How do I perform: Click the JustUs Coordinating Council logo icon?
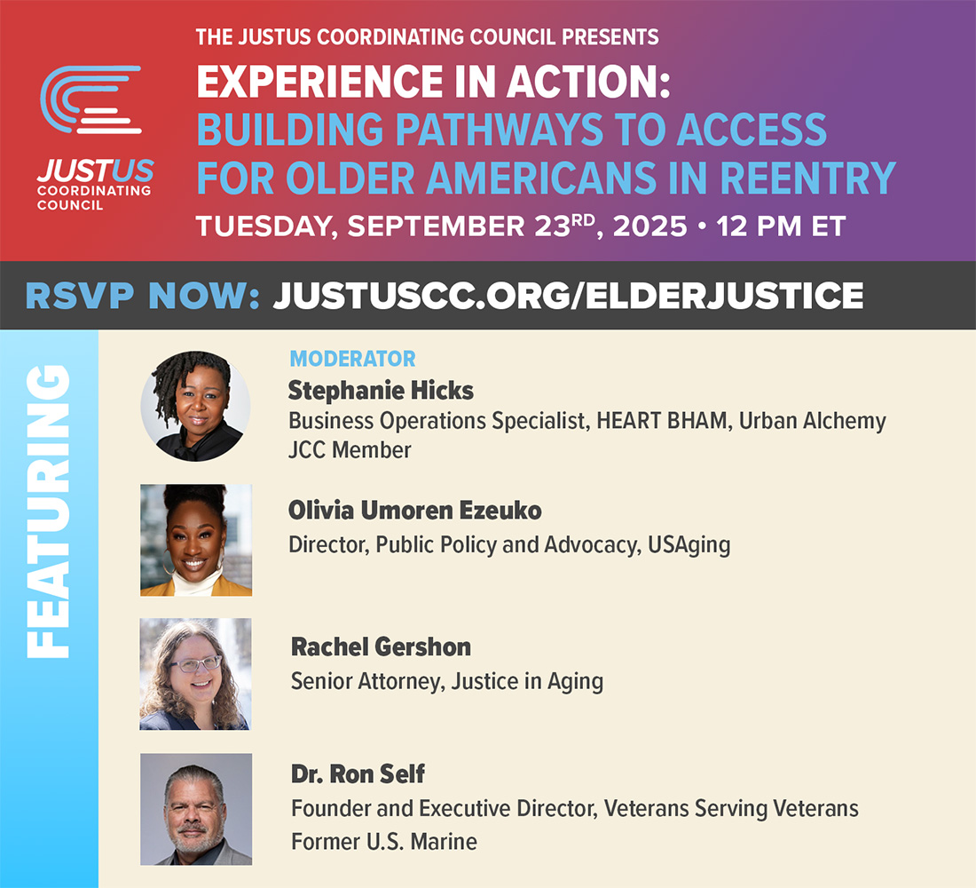91,99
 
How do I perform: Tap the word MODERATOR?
352,360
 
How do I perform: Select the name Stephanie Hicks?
381,390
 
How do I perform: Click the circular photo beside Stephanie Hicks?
195,406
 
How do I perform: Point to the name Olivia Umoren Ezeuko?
414,511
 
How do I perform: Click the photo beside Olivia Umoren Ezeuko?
196,540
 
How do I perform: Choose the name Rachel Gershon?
381,647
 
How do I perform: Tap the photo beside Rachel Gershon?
195,674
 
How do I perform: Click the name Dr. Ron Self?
358,774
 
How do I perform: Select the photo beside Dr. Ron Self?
196,809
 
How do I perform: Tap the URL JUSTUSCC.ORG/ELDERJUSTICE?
568,296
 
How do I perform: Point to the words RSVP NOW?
142,296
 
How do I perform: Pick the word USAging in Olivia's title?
689,544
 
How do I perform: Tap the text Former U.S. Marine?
384,841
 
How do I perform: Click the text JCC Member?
350,450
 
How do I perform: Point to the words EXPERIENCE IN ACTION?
433,83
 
